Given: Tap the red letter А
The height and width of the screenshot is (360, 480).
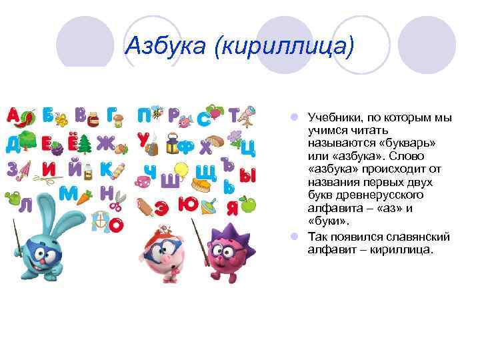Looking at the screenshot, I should pyautogui.click(x=13, y=115).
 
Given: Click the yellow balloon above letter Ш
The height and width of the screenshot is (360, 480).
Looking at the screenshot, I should pyautogui.click(x=180, y=170).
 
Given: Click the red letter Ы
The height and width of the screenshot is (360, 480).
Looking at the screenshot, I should pyautogui.click(x=247, y=175).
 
